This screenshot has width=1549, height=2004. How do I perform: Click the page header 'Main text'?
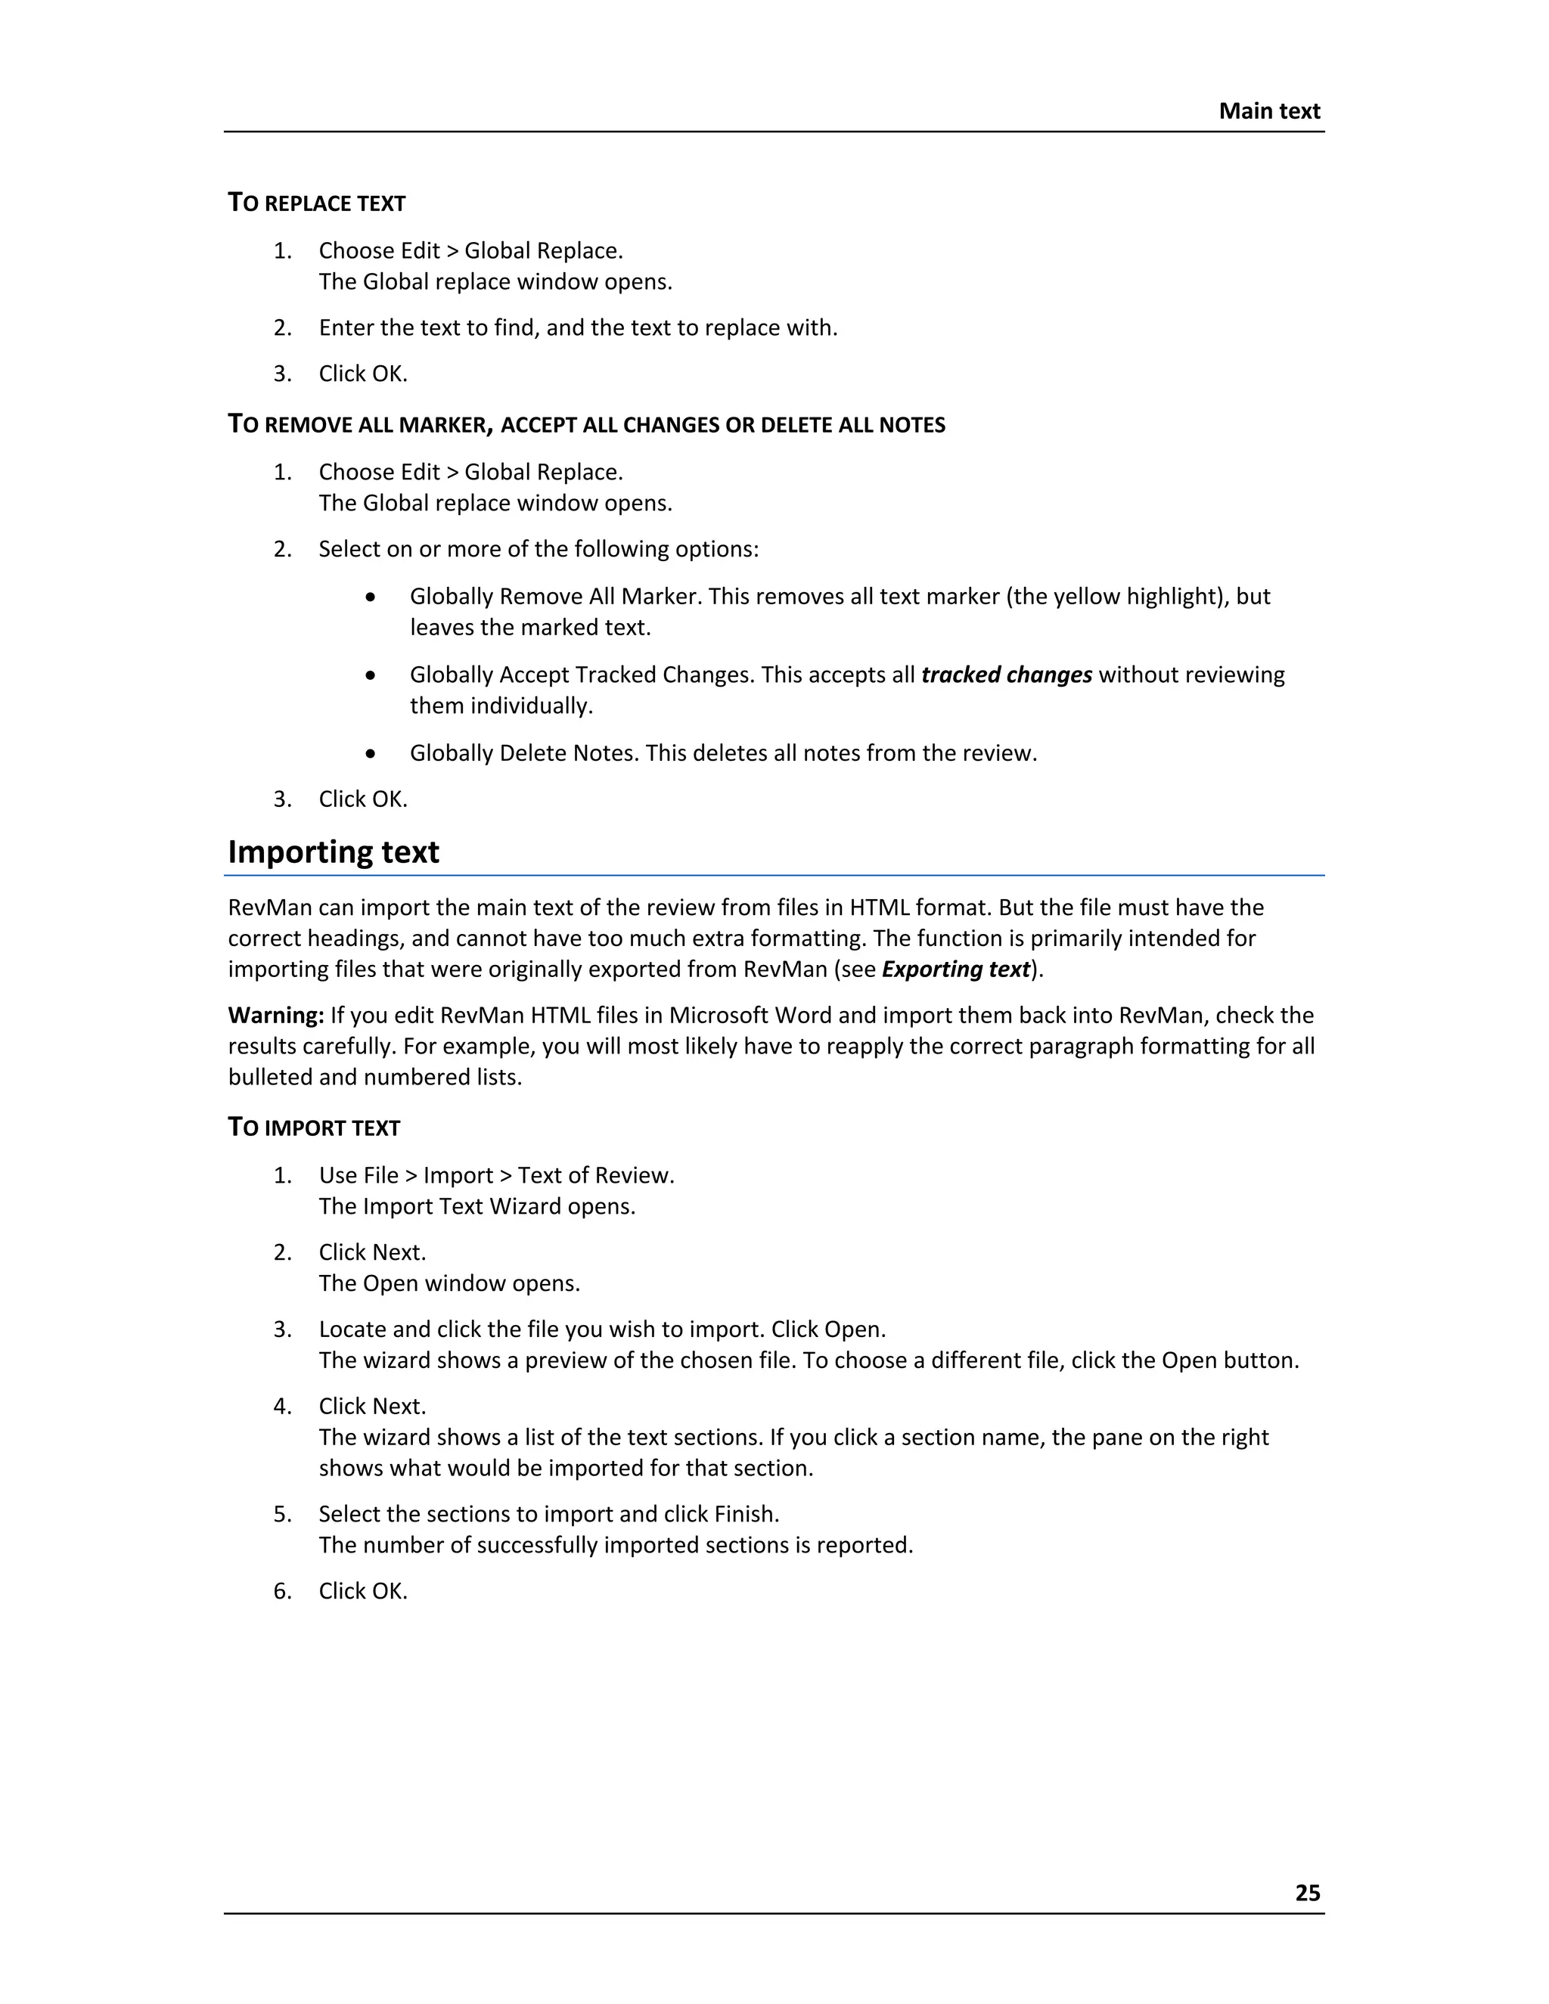tap(1268, 111)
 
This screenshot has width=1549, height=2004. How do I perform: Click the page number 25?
tap(1307, 1892)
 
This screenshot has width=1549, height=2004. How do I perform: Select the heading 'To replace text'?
tap(317, 203)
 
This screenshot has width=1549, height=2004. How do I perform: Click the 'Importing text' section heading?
tap(333, 852)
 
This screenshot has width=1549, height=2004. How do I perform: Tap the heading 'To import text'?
tap(314, 1128)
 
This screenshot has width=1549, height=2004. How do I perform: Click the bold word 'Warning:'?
tap(275, 1015)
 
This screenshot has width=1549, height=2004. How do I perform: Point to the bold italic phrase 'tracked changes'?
tap(1006, 675)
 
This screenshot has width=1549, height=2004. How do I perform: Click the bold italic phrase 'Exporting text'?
tap(955, 969)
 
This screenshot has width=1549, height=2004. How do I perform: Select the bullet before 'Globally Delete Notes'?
tap(370, 753)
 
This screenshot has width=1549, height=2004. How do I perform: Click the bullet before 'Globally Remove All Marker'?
tap(370, 597)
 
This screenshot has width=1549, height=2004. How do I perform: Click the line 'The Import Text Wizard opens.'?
tap(476, 1205)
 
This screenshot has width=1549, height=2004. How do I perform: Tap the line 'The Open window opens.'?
tap(449, 1283)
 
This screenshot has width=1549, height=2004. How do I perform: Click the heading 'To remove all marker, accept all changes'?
tap(586, 425)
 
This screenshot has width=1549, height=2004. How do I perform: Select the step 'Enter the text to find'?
tap(577, 327)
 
